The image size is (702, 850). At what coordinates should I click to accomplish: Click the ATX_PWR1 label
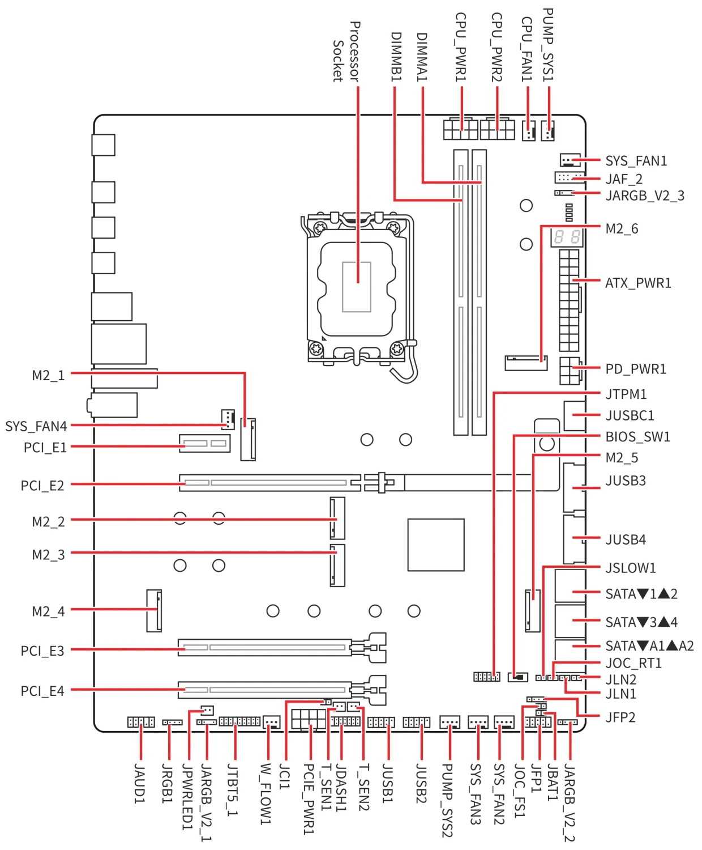pos(637,283)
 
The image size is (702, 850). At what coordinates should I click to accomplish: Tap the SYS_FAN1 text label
pos(636,161)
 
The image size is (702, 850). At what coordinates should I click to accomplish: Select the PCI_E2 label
pos(42,486)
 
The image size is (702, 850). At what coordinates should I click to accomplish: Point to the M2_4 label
pos(48,611)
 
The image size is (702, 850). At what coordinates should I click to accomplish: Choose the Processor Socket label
pos(346,52)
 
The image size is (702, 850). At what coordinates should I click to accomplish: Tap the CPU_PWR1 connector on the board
pos(460,129)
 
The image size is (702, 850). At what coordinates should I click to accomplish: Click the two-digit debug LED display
pos(567,237)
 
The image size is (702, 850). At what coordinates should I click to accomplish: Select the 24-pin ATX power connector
pos(569,300)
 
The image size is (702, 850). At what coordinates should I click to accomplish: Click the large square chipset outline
pos(435,545)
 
